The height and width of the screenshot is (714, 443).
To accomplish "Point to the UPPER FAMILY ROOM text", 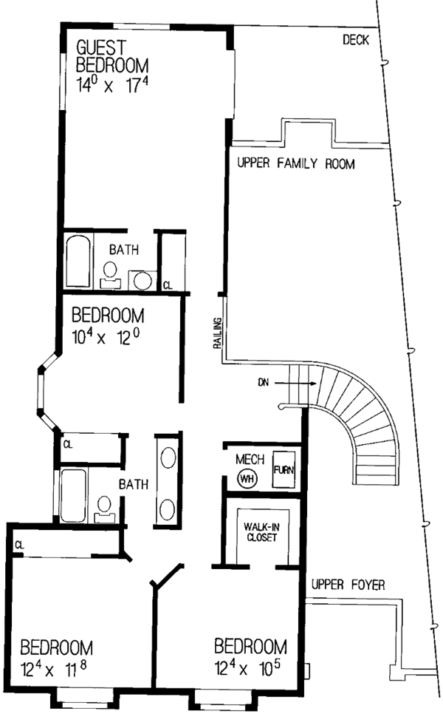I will click(x=295, y=164).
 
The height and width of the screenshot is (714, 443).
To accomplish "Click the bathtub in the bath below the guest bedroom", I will click(x=77, y=261).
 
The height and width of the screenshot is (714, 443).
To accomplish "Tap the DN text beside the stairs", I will click(x=264, y=383).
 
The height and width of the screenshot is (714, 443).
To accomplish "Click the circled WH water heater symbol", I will click(x=246, y=477).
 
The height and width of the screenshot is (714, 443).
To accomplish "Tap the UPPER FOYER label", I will click(x=348, y=585).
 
